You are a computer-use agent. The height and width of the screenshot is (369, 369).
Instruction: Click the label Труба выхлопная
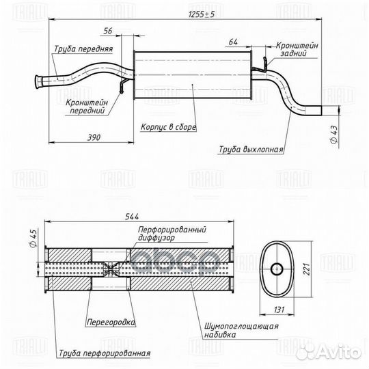pyautogui.click(x=251, y=147)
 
